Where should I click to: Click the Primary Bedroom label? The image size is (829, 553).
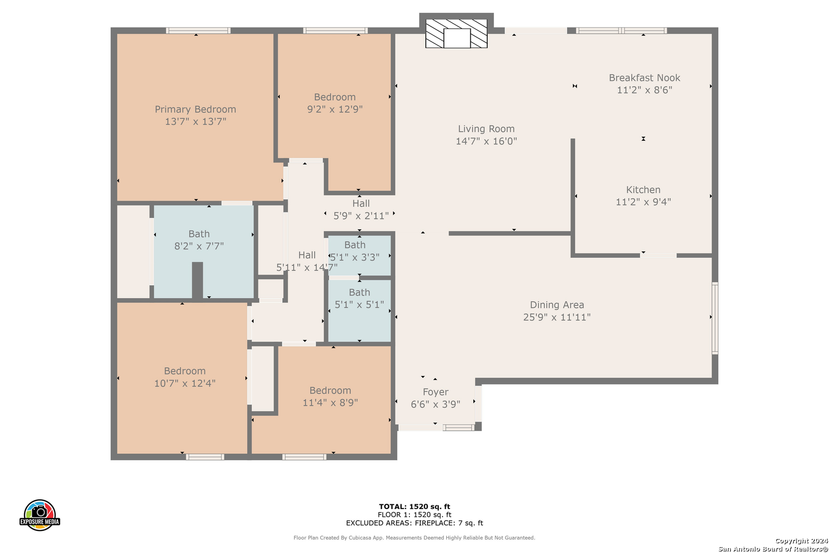click(x=195, y=109)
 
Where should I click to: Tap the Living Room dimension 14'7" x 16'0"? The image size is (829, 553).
click(x=486, y=141)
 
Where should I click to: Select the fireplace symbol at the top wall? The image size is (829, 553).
click(x=456, y=34)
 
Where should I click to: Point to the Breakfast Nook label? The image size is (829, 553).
click(x=644, y=78)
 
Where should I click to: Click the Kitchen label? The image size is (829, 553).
click(x=643, y=189)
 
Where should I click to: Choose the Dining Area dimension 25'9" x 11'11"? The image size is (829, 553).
click(x=557, y=317)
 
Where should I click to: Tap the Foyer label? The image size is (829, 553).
click(x=435, y=392)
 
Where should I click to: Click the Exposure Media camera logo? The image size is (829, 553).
click(x=39, y=515)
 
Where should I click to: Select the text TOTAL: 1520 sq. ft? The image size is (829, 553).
click(x=414, y=506)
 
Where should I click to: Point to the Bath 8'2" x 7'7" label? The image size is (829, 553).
click(x=199, y=240)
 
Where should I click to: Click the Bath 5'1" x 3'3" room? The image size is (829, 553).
click(x=359, y=256)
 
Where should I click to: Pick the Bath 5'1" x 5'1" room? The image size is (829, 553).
click(x=359, y=310)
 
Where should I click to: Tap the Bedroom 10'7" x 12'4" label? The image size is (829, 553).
click(x=185, y=377)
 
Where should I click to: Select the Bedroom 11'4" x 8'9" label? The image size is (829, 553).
click(x=330, y=396)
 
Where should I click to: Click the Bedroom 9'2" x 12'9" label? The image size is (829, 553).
click(x=335, y=103)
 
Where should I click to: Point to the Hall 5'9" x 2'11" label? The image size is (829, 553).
click(x=361, y=209)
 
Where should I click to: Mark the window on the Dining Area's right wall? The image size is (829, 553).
click(x=715, y=318)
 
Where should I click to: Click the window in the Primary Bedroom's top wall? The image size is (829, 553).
click(x=198, y=30)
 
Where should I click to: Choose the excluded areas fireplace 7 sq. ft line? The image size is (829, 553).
click(x=414, y=523)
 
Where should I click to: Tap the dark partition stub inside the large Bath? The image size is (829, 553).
click(x=197, y=281)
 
